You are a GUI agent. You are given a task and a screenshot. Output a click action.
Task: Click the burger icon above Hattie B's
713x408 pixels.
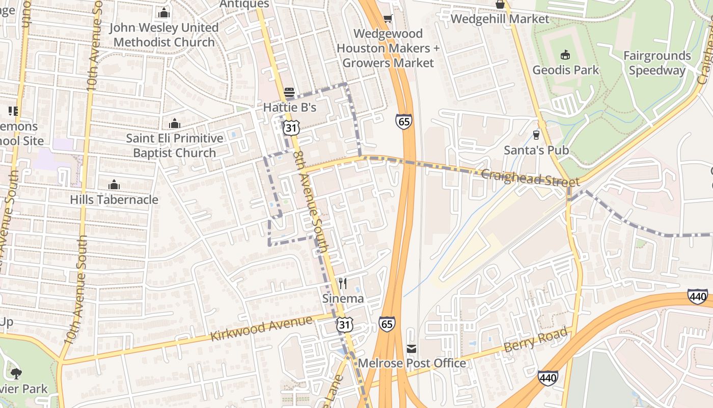(289, 93)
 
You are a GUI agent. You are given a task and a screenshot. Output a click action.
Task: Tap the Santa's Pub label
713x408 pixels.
(536, 150)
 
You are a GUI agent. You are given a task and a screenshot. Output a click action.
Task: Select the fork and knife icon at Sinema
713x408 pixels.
(343, 284)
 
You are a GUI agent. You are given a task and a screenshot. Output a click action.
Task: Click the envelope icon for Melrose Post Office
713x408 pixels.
(412, 349)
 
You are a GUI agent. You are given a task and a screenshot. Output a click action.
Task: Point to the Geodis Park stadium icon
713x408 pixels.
(565, 55)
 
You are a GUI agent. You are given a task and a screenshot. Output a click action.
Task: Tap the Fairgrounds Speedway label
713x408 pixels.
(657, 63)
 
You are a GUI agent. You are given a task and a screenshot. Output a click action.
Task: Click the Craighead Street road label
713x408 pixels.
(530, 178)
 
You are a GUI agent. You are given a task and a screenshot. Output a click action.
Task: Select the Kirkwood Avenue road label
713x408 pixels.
(261, 329)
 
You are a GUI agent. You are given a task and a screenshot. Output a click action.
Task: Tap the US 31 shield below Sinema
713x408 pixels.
(344, 324)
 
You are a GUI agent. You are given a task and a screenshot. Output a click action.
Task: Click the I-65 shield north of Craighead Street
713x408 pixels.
(403, 121)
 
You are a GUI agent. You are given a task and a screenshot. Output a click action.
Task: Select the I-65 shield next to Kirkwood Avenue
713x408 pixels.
(387, 324)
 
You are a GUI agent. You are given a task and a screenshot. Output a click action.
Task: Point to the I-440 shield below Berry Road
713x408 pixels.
(547, 377)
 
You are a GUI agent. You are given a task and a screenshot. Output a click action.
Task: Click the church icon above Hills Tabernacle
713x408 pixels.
(114, 185)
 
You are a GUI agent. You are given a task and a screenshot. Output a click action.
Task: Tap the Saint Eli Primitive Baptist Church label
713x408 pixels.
(175, 145)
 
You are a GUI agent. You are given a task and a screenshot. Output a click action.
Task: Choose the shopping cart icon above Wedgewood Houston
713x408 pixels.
(388, 19)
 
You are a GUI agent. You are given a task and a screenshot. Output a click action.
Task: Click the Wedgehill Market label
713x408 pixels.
(500, 19)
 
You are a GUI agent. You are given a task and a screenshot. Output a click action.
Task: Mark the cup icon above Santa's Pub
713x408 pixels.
(536, 135)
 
